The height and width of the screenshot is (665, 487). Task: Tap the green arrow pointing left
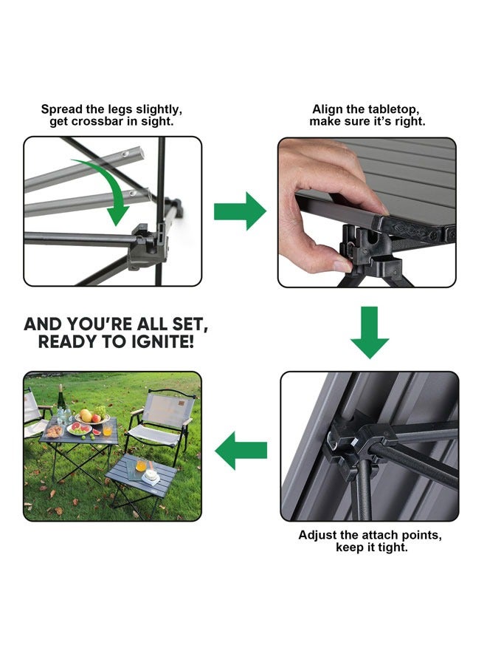click(241, 449)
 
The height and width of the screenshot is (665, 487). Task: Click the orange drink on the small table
click(141, 466)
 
